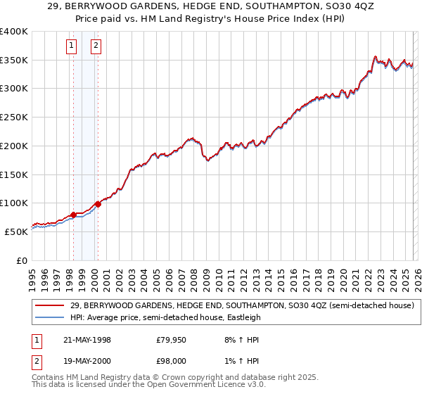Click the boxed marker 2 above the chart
(x=96, y=47)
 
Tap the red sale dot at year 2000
(x=98, y=204)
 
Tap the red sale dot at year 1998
(x=73, y=215)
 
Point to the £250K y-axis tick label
(x=14, y=117)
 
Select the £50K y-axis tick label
(x=16, y=231)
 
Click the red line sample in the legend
(x=50, y=305)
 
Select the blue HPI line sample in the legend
(x=50, y=318)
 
